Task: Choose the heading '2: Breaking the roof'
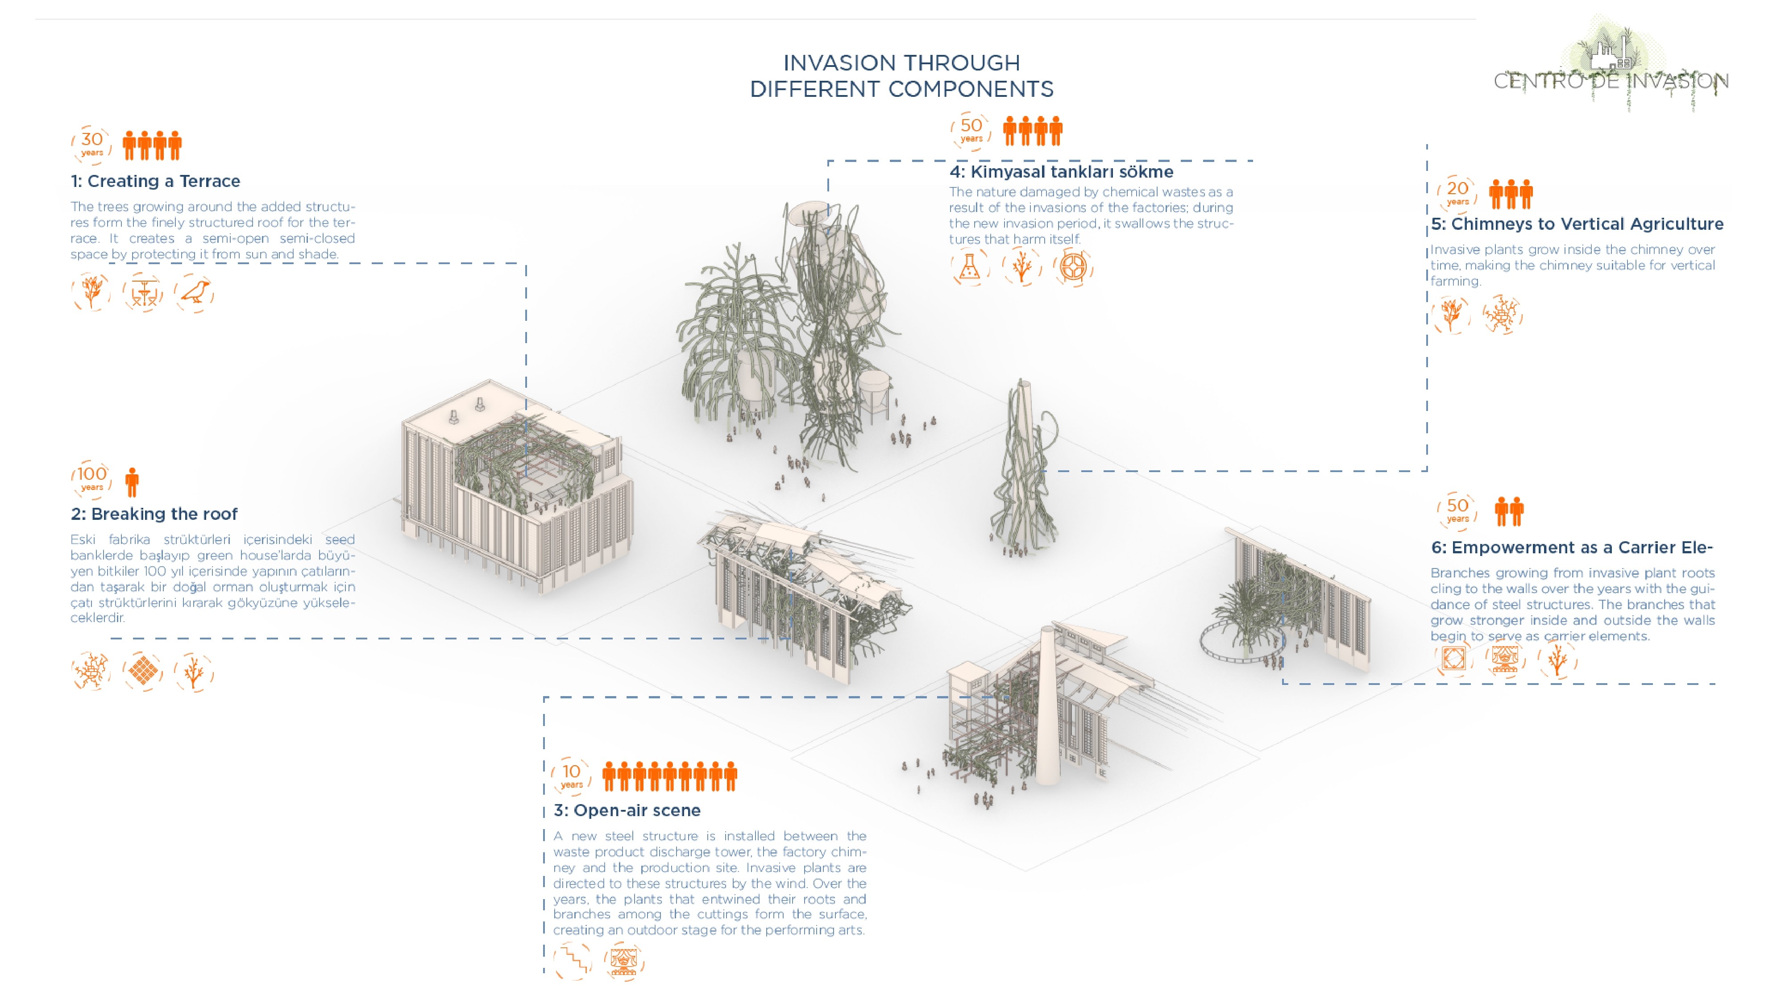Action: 154,514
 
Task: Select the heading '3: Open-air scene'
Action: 627,810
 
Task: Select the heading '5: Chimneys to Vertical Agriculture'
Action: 1577,224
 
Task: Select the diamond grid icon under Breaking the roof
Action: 143,671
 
